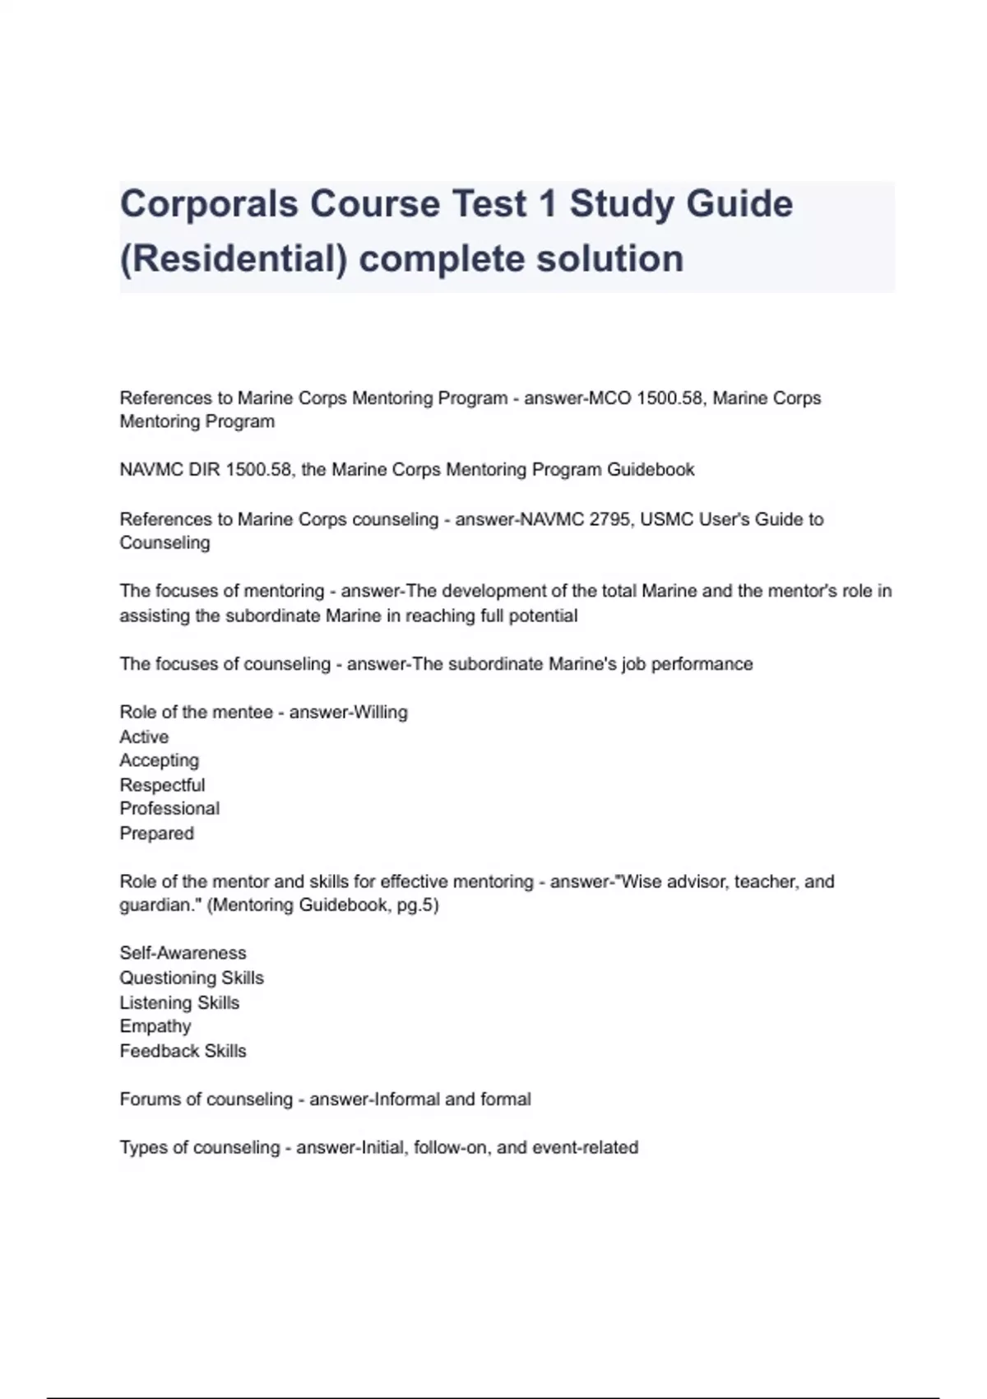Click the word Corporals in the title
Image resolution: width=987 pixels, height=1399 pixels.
209,203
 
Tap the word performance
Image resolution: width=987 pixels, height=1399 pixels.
702,664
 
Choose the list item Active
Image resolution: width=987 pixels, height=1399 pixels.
144,737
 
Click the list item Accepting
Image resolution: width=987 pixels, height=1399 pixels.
159,760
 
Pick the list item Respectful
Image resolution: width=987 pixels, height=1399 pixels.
162,785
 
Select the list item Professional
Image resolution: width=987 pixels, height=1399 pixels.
169,809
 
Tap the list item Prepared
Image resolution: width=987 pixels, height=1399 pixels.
156,833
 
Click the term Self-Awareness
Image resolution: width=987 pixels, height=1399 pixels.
183,953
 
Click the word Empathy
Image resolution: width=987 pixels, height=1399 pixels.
155,1026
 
